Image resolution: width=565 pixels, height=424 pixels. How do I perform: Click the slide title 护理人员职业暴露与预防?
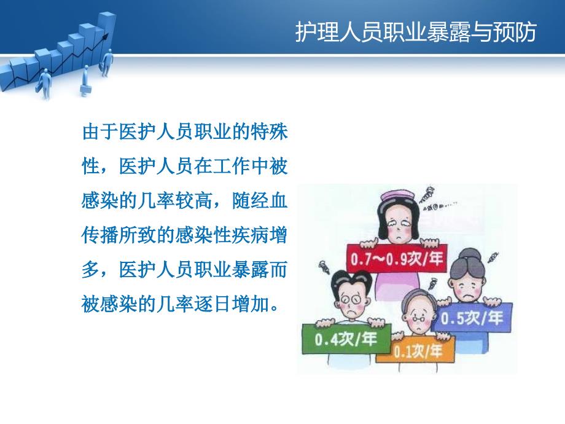(x=416, y=32)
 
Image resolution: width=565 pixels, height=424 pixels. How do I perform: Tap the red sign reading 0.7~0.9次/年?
(x=397, y=259)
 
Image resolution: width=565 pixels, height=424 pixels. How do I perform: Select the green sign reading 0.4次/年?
(x=346, y=339)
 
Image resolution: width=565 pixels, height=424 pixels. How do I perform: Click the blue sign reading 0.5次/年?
(x=472, y=318)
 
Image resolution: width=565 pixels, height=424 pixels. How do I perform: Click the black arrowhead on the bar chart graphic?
(x=105, y=36)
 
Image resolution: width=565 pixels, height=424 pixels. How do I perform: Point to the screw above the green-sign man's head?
(x=322, y=266)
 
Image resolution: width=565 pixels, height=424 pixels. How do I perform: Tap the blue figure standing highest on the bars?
(x=107, y=63)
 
